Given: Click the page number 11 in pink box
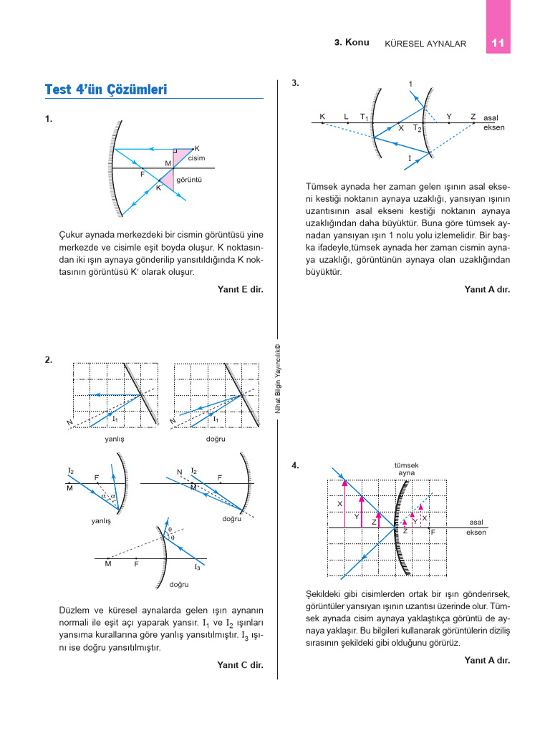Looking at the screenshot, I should pyautogui.click(x=498, y=43).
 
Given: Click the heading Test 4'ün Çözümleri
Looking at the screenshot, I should pyautogui.click(x=105, y=89).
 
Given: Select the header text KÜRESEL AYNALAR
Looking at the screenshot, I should pyautogui.click(x=425, y=44).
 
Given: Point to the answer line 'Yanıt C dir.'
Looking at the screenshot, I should pyautogui.click(x=240, y=665).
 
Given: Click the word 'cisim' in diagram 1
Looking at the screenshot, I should pyautogui.click(x=196, y=158).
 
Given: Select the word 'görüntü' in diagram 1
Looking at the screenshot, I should pyautogui.click(x=189, y=180).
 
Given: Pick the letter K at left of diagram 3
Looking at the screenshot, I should pyautogui.click(x=322, y=116).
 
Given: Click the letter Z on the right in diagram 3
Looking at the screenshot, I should pyautogui.click(x=473, y=116).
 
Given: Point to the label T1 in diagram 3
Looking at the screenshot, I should pyautogui.click(x=365, y=117).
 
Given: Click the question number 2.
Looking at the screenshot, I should pyautogui.click(x=48, y=360).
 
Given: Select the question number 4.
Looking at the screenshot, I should pyautogui.click(x=296, y=465).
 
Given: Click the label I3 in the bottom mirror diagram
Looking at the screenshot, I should pyautogui.click(x=198, y=567).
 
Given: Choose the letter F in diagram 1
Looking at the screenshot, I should pyautogui.click(x=143, y=174).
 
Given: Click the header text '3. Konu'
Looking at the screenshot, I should pyautogui.click(x=352, y=42).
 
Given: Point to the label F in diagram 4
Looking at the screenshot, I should pyautogui.click(x=433, y=532).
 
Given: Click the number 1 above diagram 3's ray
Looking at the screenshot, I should pyautogui.click(x=410, y=84).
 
